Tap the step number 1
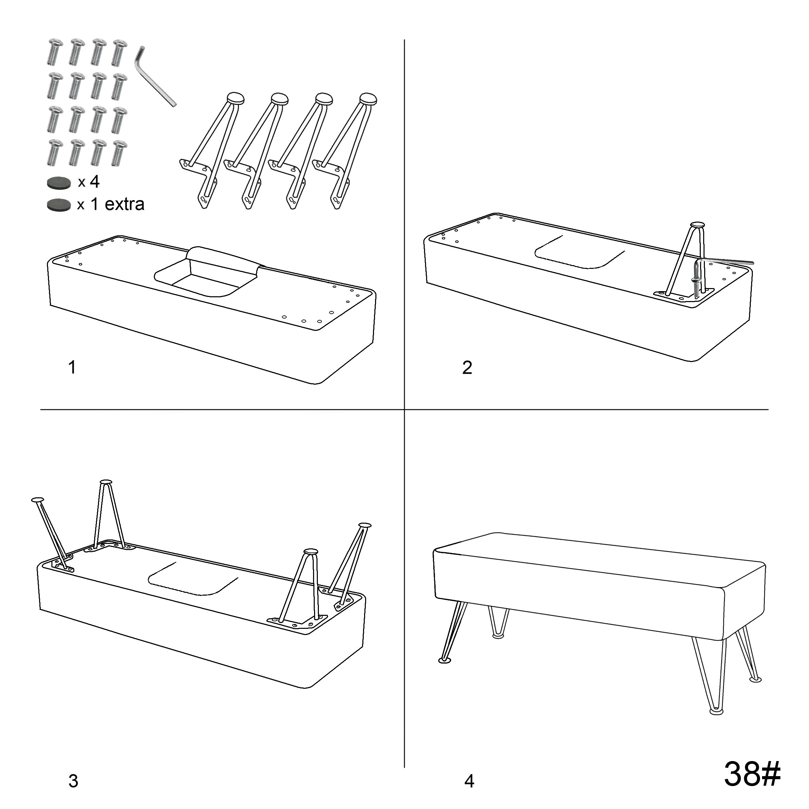72,367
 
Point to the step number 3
73,781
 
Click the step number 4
469,781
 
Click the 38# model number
752,773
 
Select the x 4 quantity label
89,182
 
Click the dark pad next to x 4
59,183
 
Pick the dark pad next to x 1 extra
59,205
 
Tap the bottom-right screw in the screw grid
119,153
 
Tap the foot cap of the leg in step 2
698,225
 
